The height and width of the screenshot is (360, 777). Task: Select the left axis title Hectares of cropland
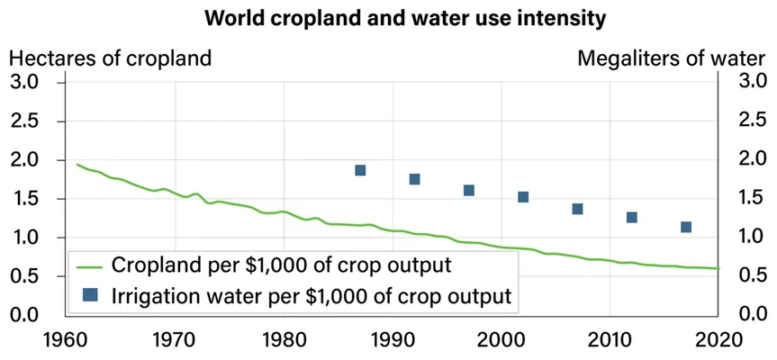(x=111, y=59)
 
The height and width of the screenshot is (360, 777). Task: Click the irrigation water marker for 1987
(x=360, y=170)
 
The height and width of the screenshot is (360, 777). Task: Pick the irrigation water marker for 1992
(x=414, y=179)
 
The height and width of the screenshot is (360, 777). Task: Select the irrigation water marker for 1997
(x=468, y=190)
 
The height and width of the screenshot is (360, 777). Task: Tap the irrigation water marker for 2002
(x=523, y=197)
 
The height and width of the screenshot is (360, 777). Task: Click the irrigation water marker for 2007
(x=577, y=209)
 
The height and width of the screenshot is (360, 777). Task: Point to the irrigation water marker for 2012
(x=632, y=217)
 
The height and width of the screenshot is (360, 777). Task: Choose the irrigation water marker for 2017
(x=686, y=227)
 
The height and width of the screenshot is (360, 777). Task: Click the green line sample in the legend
(x=90, y=265)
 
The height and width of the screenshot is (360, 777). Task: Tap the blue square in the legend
(x=90, y=293)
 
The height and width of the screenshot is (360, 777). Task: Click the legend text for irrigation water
(x=311, y=293)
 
